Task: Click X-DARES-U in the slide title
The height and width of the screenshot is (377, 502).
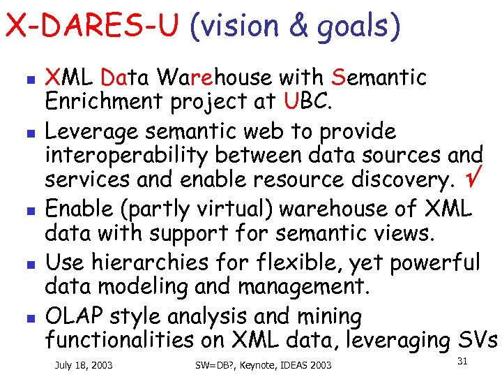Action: click(x=92, y=27)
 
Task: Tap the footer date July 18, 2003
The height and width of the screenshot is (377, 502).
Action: click(x=84, y=364)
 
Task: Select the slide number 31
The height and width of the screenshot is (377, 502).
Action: click(x=462, y=361)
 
